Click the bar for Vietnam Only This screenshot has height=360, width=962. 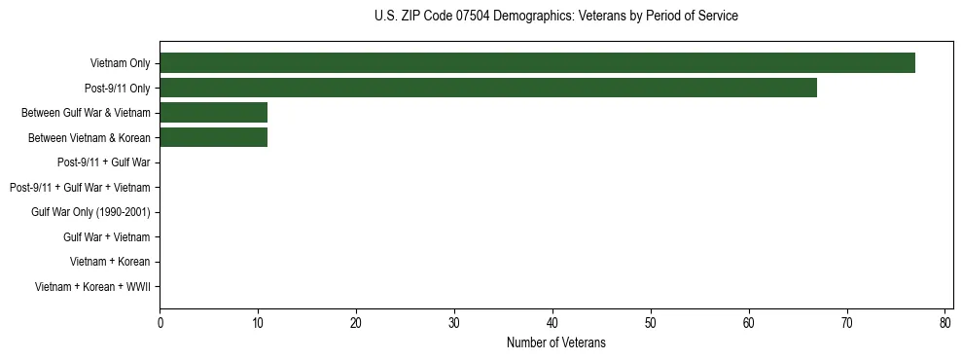tap(537, 63)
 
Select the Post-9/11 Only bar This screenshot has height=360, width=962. tap(488, 88)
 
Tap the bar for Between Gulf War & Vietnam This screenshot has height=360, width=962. tap(213, 113)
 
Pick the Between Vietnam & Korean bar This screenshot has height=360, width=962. tap(213, 137)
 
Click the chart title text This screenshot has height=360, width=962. tap(555, 17)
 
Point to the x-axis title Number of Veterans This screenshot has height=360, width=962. tap(555, 342)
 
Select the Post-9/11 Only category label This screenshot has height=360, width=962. tap(116, 88)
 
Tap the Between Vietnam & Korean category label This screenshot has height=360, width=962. tap(89, 137)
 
